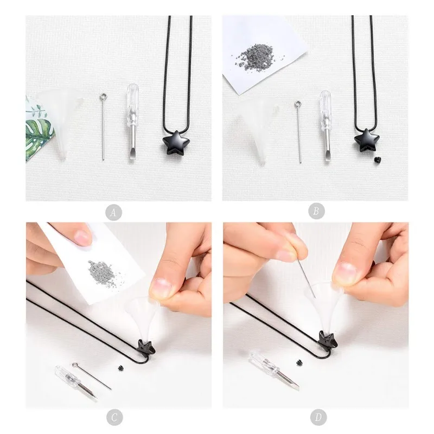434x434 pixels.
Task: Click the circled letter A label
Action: pyautogui.click(x=113, y=212)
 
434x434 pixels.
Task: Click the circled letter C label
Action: pyautogui.click(x=113, y=417)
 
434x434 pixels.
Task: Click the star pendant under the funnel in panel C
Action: pyautogui.click(x=146, y=346)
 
